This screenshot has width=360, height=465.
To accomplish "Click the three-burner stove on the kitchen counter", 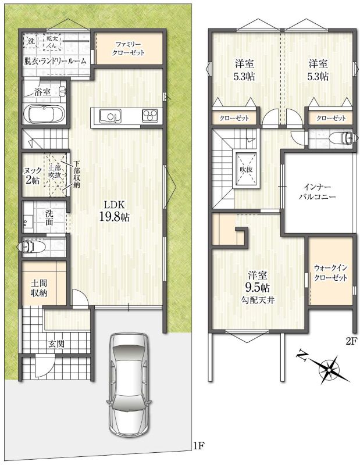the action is tap(151, 115).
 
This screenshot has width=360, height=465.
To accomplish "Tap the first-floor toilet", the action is tap(33, 246).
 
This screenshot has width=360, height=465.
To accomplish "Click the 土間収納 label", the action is tap(39, 288).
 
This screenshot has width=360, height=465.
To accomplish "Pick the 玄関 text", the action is tap(56, 344).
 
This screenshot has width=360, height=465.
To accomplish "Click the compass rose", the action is tap(329, 369).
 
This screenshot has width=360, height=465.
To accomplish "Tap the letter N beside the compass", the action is tap(302, 355).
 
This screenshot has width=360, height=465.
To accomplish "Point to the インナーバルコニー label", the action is tap(318, 192).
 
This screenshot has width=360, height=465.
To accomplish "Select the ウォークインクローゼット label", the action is tap(330, 273).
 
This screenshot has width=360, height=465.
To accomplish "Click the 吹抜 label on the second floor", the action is tap(246, 170).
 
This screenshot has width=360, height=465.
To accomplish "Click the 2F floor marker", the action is tap(351, 342).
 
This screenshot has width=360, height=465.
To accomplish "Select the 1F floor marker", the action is tap(198, 445).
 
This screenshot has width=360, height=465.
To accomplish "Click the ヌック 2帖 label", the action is tap(32, 176).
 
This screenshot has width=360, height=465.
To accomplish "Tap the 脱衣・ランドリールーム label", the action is tap(55, 62).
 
